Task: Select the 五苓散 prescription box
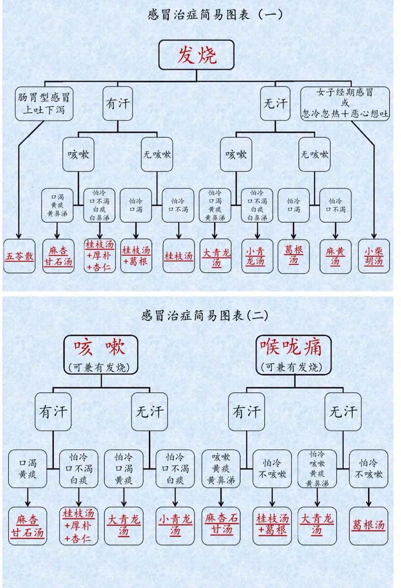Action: coord(20,255)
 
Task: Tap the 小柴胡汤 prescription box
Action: coord(374,255)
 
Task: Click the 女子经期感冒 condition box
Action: coord(345,103)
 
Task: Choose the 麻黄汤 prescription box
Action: coord(335,255)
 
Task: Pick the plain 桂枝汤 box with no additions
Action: coord(178,255)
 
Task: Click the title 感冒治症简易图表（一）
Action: coord(215,14)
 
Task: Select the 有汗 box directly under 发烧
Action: coord(118,103)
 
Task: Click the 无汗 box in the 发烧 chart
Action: coord(275,103)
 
